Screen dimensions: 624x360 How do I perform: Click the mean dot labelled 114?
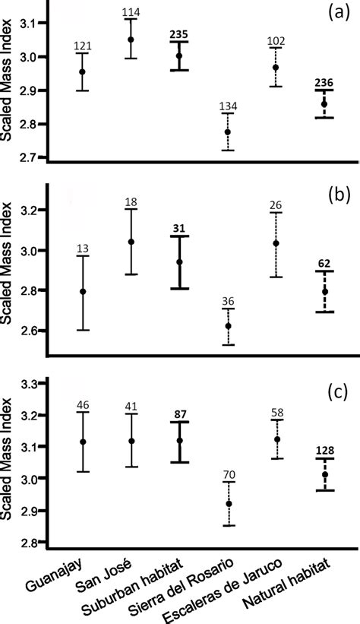(131, 40)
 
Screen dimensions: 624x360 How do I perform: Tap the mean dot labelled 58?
(276, 439)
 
